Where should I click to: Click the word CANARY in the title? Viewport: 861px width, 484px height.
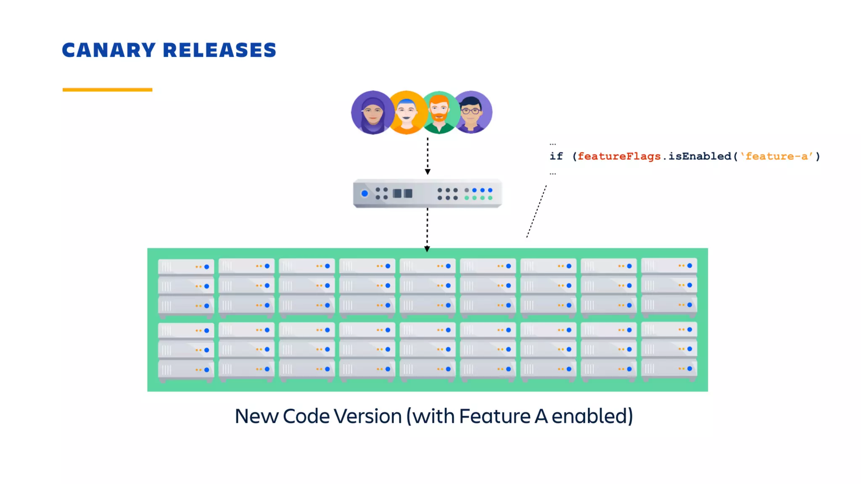click(109, 50)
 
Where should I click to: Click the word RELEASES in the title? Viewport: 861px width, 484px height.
click(219, 50)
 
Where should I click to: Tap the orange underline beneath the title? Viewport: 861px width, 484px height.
click(107, 89)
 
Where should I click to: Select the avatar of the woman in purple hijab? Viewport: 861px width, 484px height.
click(372, 112)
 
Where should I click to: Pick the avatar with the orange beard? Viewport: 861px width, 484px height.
click(439, 112)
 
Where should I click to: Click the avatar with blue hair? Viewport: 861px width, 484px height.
click(406, 112)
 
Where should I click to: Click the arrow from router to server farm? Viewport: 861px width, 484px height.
click(427, 229)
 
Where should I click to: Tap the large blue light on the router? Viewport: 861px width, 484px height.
click(364, 193)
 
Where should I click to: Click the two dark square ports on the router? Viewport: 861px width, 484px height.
click(402, 193)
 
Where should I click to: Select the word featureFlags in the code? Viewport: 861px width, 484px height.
click(619, 156)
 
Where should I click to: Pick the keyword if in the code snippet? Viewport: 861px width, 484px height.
click(556, 156)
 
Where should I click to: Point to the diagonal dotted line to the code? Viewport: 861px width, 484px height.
click(536, 211)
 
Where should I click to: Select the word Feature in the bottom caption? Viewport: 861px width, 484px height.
click(494, 416)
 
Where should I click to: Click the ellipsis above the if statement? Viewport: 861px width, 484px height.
click(552, 144)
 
